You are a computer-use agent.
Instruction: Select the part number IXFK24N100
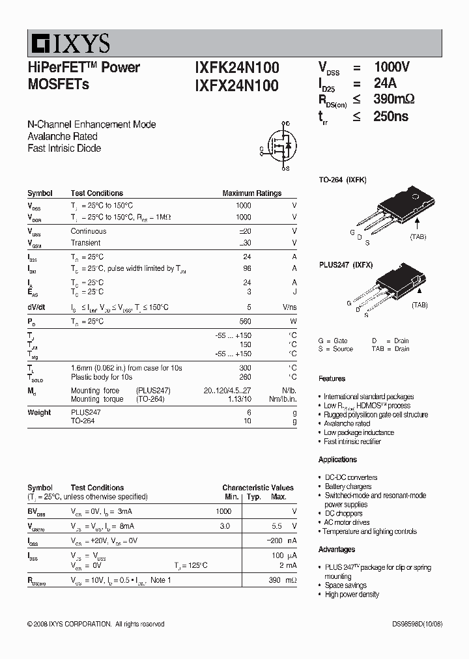(236, 68)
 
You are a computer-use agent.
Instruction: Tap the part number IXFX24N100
(236, 85)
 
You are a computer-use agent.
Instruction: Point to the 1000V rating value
(391, 67)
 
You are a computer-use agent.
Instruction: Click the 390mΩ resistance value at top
(393, 99)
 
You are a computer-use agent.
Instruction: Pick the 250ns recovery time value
(391, 116)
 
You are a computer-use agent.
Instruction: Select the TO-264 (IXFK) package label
(342, 180)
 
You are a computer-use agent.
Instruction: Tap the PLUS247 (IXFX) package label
(345, 265)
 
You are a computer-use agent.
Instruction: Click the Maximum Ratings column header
(251, 193)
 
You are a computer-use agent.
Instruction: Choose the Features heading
(332, 378)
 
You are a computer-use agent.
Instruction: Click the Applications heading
(337, 460)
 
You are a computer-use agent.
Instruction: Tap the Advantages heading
(337, 550)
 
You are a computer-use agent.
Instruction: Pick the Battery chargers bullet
(348, 486)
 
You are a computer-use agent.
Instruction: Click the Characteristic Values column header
(257, 488)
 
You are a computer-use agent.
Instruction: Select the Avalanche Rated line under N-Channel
(63, 137)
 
